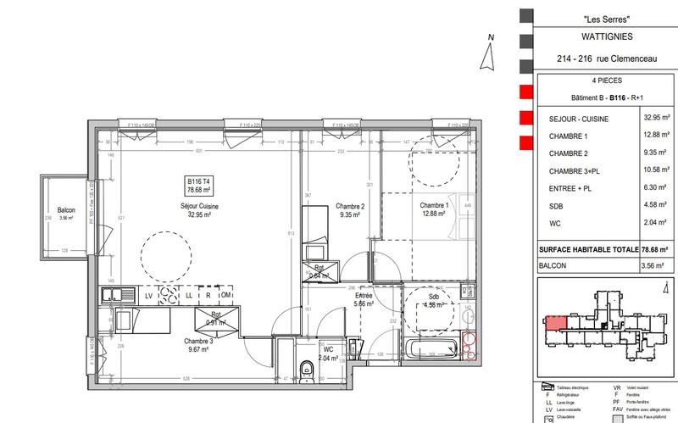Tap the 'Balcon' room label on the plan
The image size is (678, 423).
(x=68, y=210)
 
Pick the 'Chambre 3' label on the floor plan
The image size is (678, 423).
(x=198, y=341)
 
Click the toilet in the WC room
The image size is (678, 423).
(x=305, y=366)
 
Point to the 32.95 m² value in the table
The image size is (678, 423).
(x=657, y=120)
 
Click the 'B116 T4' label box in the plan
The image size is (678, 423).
(x=200, y=185)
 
